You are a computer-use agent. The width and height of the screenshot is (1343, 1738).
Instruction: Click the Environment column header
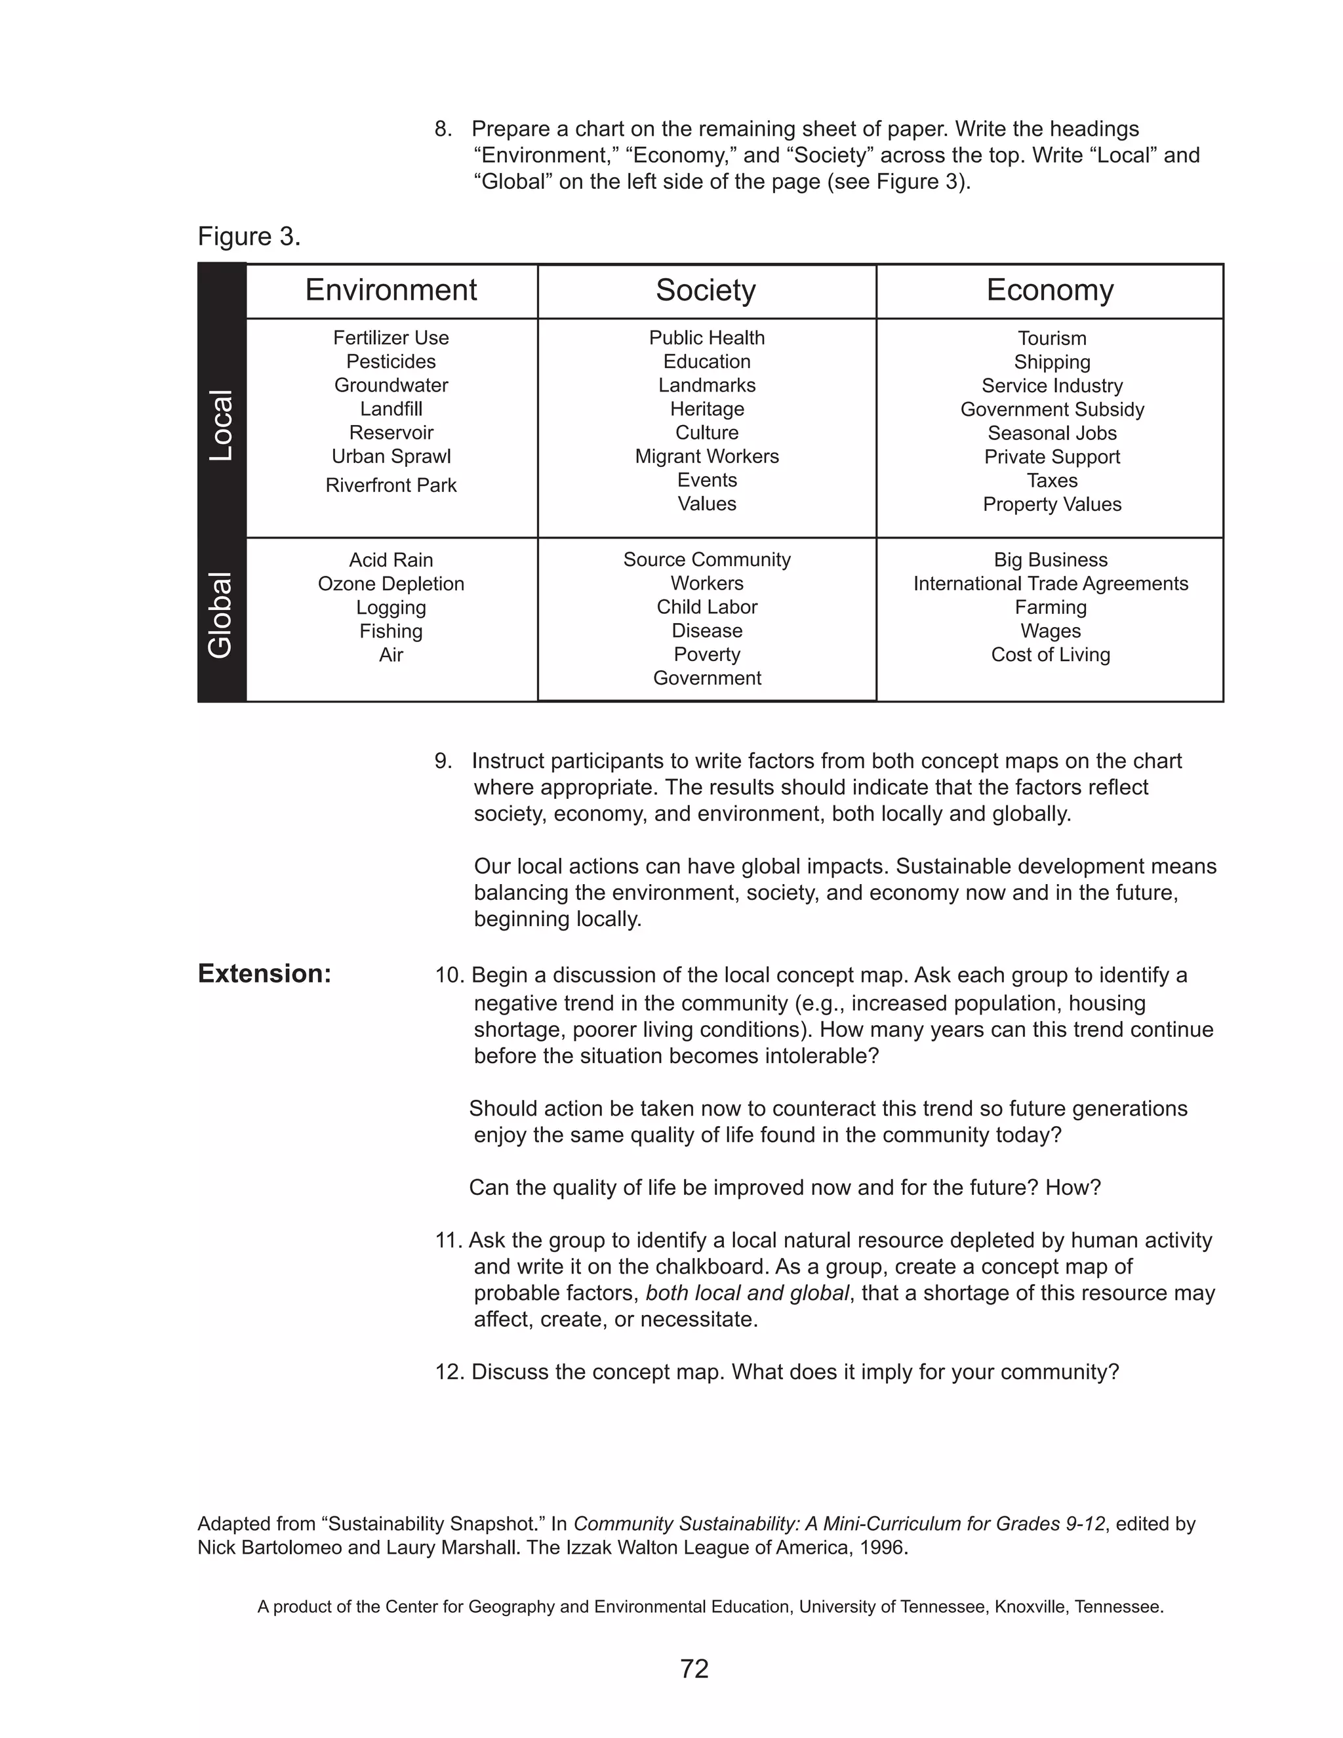(391, 291)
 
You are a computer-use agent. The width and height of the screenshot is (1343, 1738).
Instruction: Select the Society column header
(705, 291)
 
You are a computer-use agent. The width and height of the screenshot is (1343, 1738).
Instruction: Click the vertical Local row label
(221, 426)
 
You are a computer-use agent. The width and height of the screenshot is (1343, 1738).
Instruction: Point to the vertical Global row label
(220, 615)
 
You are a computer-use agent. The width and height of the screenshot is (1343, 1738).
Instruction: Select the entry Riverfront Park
(391, 485)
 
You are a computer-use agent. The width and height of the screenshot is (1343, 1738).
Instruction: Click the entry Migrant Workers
(706, 456)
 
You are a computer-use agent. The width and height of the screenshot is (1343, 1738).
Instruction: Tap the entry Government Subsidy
(1052, 410)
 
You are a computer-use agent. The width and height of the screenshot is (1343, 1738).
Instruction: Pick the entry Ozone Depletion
(391, 584)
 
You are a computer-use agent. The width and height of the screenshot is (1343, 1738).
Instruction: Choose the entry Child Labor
(706, 607)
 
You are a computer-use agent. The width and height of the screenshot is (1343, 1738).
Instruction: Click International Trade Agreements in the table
(1051, 584)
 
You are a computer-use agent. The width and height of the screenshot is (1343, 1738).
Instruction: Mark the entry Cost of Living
(1051, 655)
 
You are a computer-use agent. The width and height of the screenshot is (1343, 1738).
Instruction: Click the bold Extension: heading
(264, 974)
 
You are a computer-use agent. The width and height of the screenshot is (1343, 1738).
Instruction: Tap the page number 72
(694, 1668)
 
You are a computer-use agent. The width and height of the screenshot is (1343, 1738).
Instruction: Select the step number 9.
(443, 761)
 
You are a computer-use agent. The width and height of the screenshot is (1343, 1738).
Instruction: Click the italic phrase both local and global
(747, 1293)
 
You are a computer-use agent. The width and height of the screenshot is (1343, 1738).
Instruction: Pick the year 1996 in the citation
(883, 1548)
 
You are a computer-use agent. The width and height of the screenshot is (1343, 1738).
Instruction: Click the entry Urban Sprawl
(391, 456)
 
